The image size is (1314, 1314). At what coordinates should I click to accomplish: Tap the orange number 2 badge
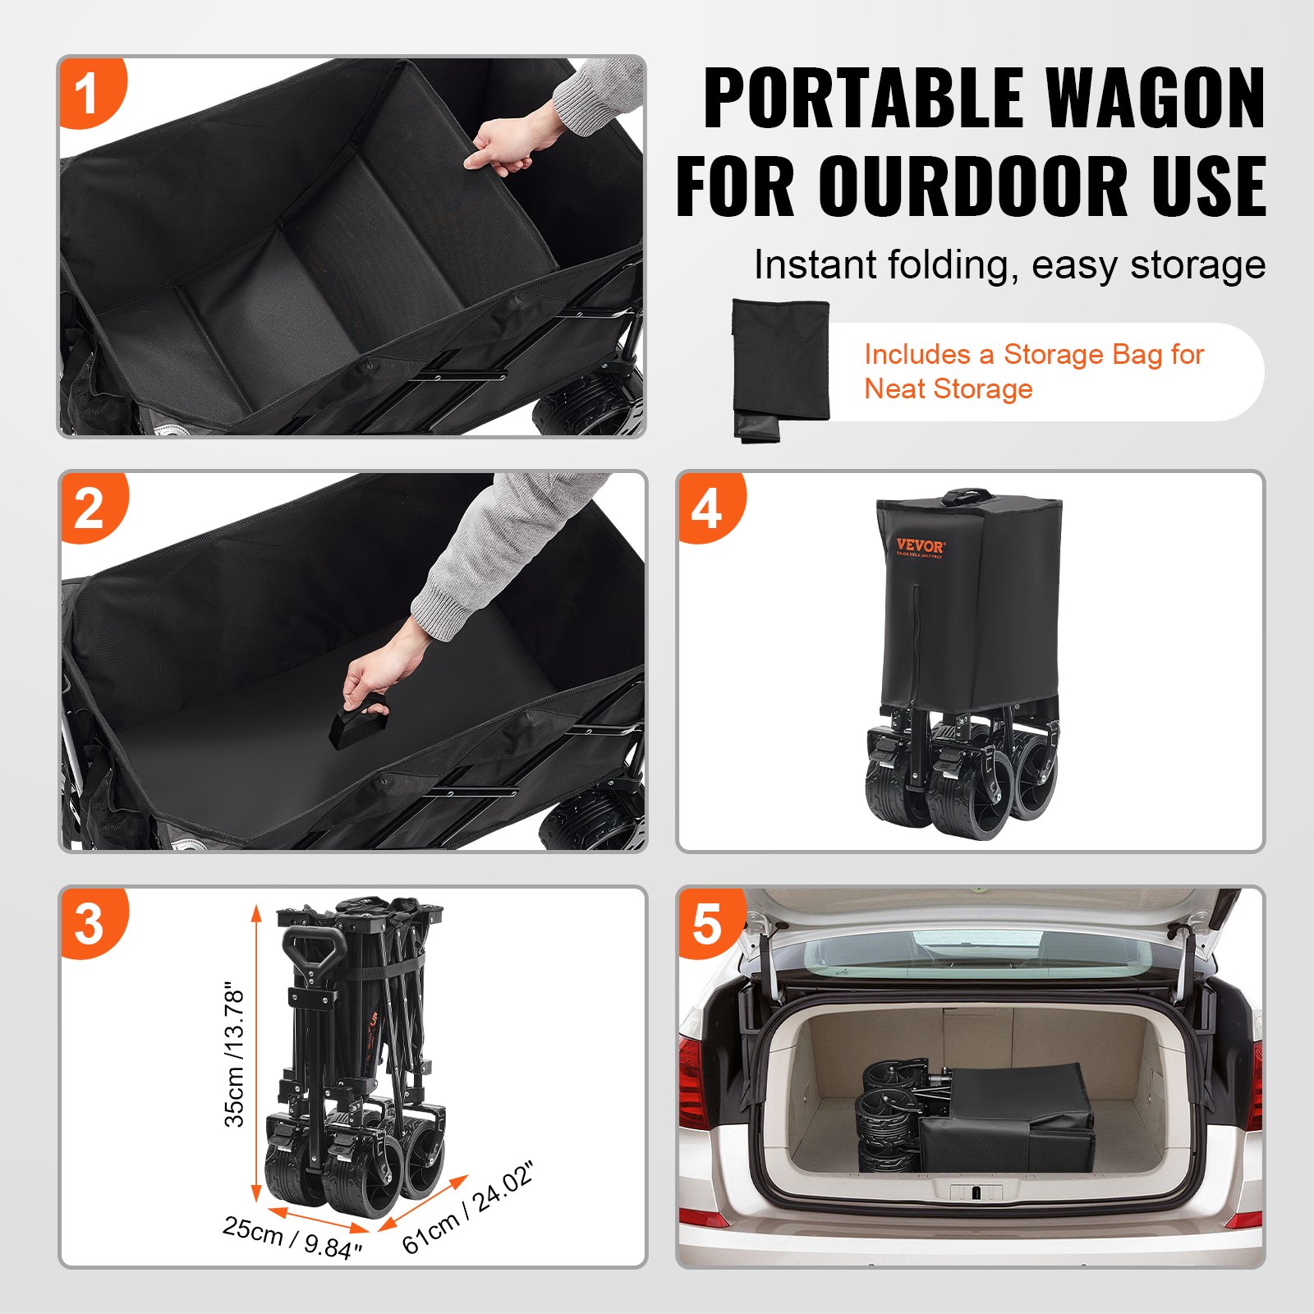pyautogui.click(x=90, y=508)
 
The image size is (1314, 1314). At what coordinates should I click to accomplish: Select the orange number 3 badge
pyautogui.click(x=90, y=923)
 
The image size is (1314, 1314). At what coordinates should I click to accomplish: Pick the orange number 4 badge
pyautogui.click(x=707, y=508)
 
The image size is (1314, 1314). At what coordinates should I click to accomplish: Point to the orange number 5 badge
pyautogui.click(x=707, y=923)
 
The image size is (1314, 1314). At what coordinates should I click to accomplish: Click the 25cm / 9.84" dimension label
pyautogui.click(x=292, y=1237)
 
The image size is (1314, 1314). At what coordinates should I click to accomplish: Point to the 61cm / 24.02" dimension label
pyautogui.click(x=468, y=1208)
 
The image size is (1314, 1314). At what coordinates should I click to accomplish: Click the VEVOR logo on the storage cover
pyautogui.click(x=919, y=546)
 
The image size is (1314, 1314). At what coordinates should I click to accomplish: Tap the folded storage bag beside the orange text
pyautogui.click(x=780, y=370)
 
